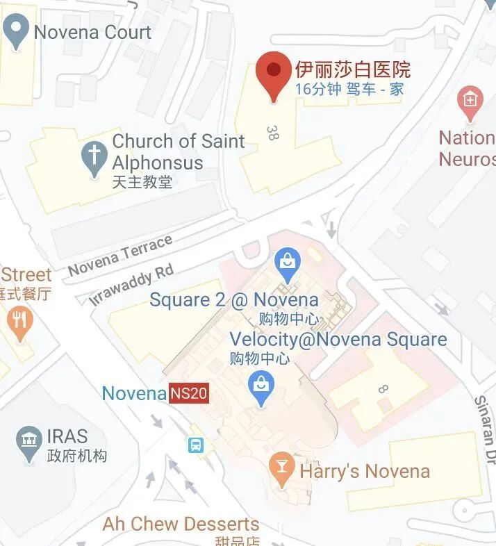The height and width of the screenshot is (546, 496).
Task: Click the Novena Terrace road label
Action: (x=120, y=256)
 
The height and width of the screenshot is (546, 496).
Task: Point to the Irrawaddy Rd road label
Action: (x=131, y=285)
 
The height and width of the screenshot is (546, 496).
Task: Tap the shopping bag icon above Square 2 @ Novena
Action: (x=286, y=263)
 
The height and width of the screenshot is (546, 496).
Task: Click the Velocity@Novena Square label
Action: (x=338, y=340)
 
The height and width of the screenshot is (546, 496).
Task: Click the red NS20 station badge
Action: (x=189, y=394)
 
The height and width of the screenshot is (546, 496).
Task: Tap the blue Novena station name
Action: (x=134, y=394)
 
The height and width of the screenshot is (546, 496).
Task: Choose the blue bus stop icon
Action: (x=196, y=445)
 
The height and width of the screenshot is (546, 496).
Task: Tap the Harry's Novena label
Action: (x=365, y=472)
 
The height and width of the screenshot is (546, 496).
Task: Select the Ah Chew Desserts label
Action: (x=181, y=524)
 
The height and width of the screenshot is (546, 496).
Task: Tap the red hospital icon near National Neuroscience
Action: (x=470, y=101)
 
